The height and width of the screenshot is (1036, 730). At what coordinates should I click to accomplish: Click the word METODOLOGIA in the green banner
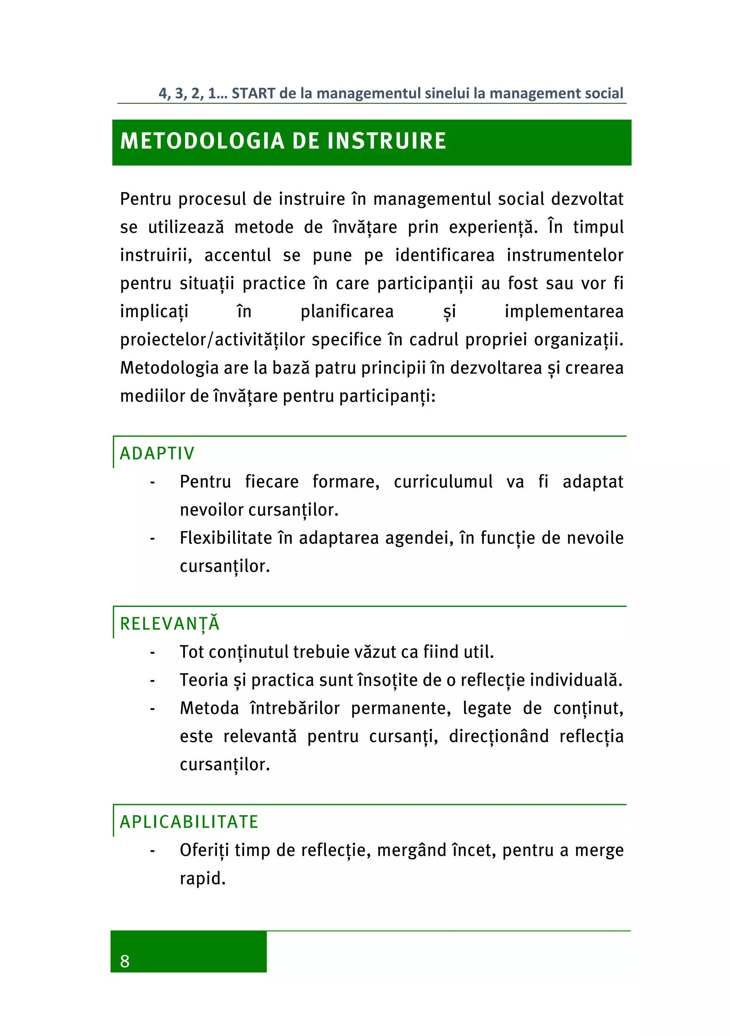202,141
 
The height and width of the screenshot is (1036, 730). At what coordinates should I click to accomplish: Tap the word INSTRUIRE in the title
387,141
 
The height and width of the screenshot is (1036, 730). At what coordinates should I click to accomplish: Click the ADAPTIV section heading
156,453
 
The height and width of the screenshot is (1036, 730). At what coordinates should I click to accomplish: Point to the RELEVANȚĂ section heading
170,624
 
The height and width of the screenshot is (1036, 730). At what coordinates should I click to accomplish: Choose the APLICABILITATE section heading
189,822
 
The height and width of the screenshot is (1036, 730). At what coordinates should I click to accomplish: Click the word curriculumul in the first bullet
443,482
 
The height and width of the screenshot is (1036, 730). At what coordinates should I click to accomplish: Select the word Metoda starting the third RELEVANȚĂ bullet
209,708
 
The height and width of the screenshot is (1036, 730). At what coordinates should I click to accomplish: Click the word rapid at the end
202,878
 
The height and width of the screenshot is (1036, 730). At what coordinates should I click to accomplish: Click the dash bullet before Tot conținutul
153,653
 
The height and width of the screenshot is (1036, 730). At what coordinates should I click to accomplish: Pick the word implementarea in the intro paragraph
564,312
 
